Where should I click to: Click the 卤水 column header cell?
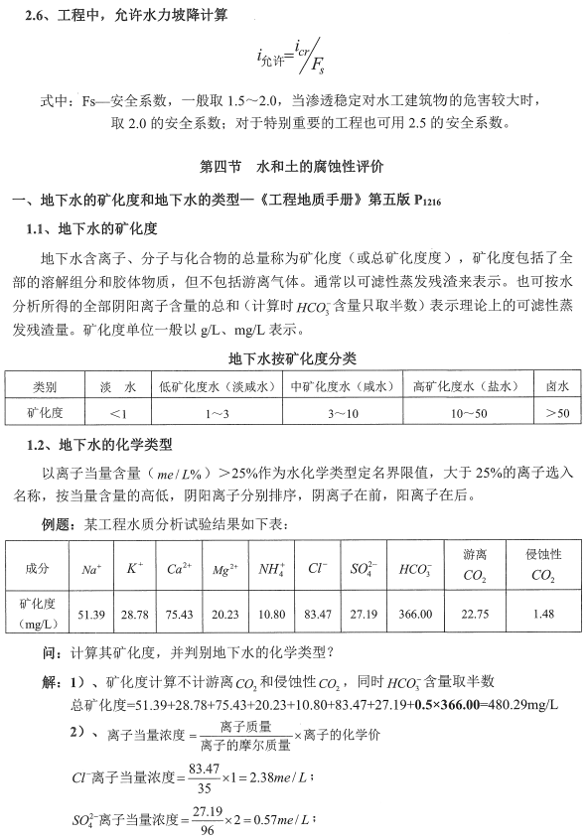pyautogui.click(x=558, y=385)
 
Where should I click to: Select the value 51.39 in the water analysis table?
pyautogui.click(x=91, y=615)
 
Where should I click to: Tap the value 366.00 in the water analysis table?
pyautogui.click(x=414, y=615)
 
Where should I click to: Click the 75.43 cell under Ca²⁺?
pyautogui.click(x=179, y=615)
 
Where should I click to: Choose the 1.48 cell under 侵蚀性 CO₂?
pyautogui.click(x=542, y=615)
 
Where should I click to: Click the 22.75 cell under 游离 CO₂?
pyautogui.click(x=475, y=615)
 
